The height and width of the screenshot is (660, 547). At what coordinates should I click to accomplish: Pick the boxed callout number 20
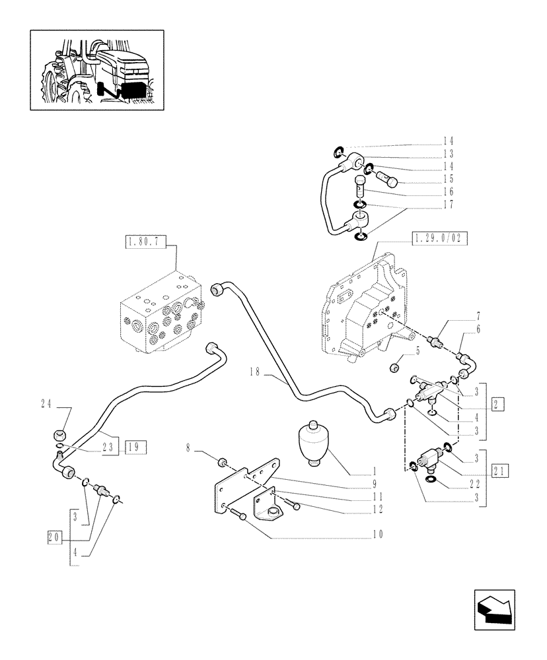54,537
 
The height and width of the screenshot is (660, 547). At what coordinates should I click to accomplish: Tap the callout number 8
188,448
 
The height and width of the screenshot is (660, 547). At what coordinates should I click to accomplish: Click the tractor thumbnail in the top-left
97,70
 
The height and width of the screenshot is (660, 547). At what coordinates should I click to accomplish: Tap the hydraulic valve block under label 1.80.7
162,313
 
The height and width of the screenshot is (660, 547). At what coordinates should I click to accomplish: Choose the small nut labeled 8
223,460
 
